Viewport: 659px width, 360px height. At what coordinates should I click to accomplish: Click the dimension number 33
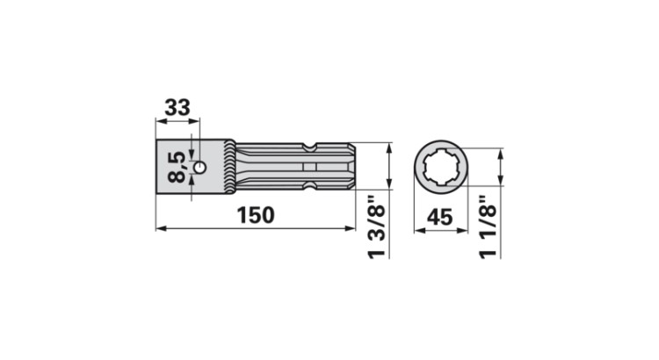tap(177, 109)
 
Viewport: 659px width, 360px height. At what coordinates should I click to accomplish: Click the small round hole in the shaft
tap(201, 166)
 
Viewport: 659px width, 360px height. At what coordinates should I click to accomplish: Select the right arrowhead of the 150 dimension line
tap(351, 228)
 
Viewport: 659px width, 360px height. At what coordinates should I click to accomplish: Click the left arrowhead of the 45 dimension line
tap(416, 228)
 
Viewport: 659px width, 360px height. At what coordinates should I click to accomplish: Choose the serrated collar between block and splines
tap(231, 167)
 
